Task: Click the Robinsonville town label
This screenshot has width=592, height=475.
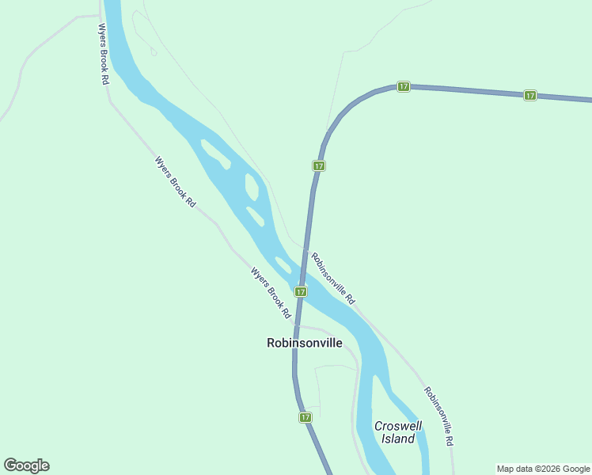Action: (305, 343)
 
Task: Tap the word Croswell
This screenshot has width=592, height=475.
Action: (397, 426)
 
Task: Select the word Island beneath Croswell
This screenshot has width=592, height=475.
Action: (397, 439)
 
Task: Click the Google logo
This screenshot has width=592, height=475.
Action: (26, 465)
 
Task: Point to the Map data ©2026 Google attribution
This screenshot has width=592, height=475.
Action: (543, 469)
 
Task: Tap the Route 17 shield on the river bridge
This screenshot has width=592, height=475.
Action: (301, 291)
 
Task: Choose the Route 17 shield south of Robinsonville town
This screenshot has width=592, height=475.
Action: (305, 417)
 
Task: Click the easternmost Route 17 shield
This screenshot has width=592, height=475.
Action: (529, 95)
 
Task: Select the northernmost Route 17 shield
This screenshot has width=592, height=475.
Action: (403, 85)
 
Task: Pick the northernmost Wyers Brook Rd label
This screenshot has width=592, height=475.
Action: (103, 54)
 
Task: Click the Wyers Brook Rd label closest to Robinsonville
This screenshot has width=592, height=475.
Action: (271, 293)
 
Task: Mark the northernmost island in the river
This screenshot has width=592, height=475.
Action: (214, 153)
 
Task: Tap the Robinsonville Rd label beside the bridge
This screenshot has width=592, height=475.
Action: (333, 279)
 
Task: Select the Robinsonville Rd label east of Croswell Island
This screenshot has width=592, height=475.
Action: (438, 416)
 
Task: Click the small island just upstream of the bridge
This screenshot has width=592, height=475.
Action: (282, 264)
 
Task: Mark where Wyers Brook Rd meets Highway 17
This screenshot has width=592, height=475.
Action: (294, 325)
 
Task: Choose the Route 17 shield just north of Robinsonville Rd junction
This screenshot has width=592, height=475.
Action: (318, 165)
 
